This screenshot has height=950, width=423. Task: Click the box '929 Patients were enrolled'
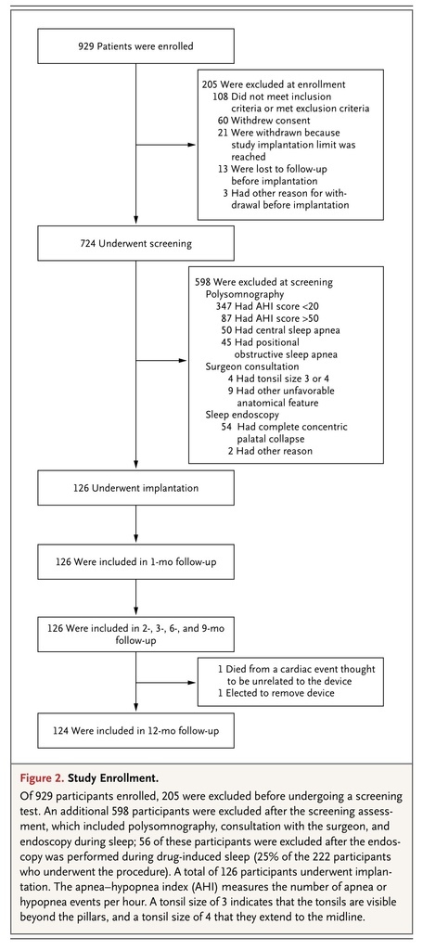[135, 45]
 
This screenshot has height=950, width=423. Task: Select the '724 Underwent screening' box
[135, 244]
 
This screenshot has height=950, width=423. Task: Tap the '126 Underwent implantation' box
[135, 487]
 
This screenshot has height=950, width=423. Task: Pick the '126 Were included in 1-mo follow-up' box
[135, 561]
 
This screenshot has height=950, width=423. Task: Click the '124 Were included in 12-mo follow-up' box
[135, 731]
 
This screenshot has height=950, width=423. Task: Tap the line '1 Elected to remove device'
[276, 693]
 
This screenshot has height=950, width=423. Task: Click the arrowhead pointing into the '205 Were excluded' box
[193, 145]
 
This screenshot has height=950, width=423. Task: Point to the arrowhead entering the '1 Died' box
[193, 682]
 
